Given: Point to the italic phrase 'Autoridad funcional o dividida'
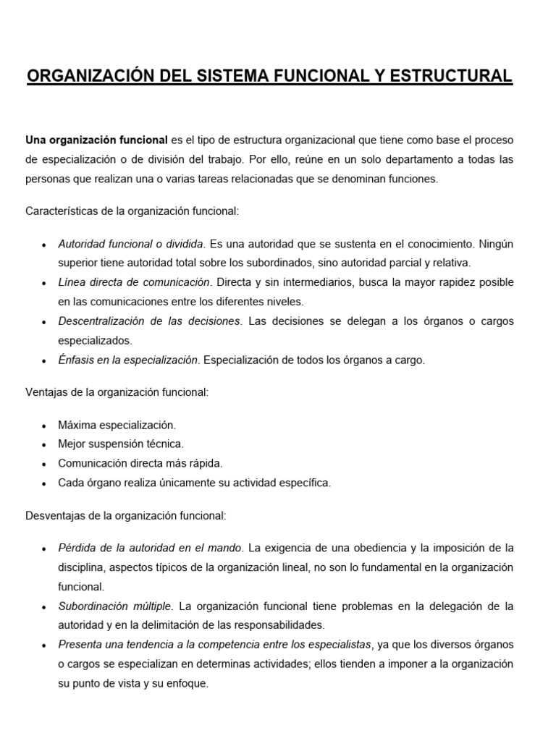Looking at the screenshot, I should pyautogui.click(x=132, y=244).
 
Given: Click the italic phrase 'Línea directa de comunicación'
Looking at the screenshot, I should pyautogui.click(x=134, y=281).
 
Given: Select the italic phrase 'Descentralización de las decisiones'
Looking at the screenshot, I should pyautogui.click(x=148, y=321).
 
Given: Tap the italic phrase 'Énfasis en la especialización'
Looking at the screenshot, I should pyautogui.click(x=128, y=360).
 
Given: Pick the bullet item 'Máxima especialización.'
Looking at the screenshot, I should pyautogui.click(x=117, y=425).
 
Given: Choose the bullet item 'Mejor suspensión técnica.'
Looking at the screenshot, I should pyautogui.click(x=121, y=444).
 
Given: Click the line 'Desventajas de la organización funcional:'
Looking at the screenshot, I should pyautogui.click(x=127, y=516).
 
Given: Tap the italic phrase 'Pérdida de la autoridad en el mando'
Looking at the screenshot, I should pyautogui.click(x=149, y=548).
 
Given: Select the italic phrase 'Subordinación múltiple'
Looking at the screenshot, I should pyautogui.click(x=114, y=606).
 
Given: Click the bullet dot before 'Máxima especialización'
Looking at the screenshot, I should pyautogui.click(x=45, y=425).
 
